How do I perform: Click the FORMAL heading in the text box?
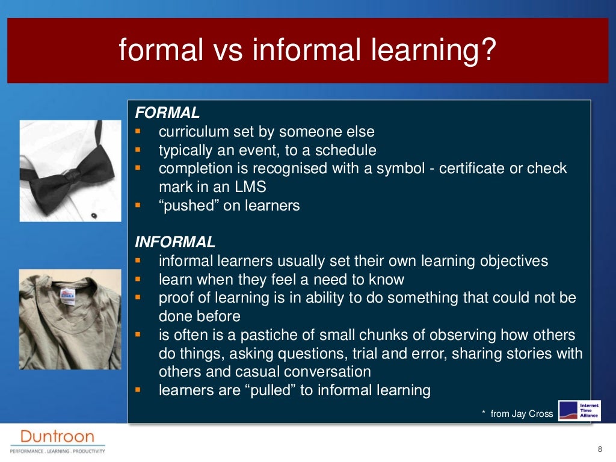tap(167, 112)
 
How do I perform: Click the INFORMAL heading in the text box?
tap(175, 242)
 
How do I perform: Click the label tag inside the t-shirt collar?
tap(67, 293)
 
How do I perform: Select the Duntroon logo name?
tap(57, 436)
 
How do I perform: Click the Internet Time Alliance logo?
tap(579, 411)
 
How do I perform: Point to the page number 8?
tap(599, 450)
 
